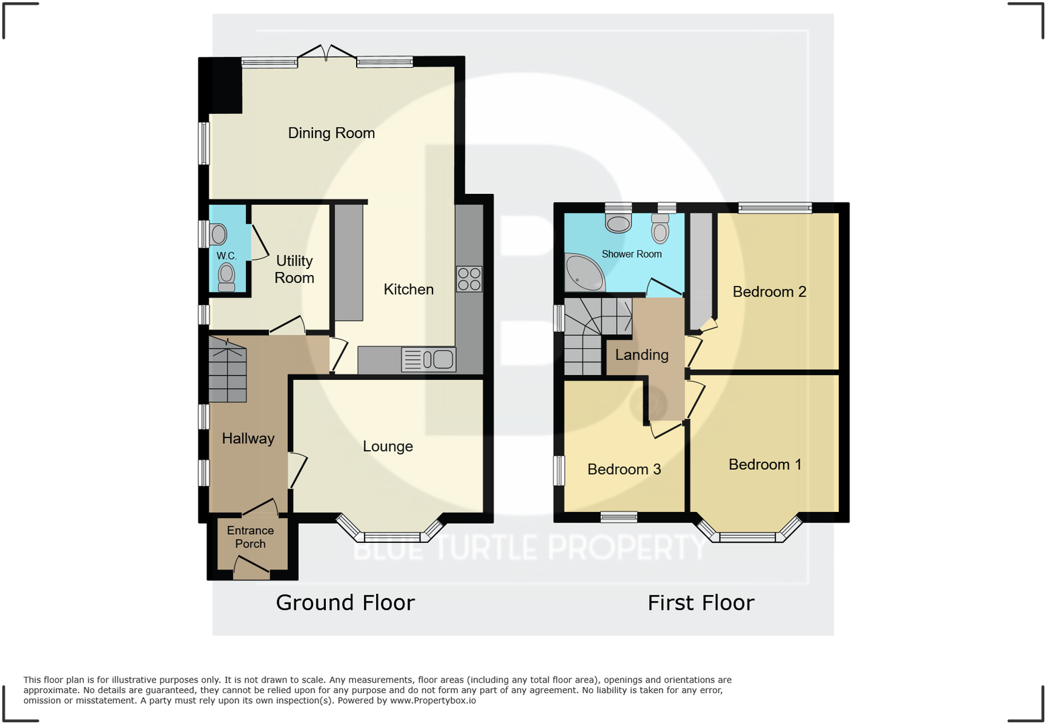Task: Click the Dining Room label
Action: [331, 133]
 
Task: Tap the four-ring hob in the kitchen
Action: [469, 279]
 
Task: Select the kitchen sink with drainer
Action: [428, 360]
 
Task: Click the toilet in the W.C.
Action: [227, 276]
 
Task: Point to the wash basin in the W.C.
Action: [218, 234]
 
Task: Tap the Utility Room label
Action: [294, 269]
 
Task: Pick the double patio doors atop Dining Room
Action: [327, 54]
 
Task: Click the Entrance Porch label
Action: [250, 537]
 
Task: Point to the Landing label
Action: [642, 355]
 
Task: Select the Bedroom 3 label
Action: [624, 469]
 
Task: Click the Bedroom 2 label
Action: [769, 292]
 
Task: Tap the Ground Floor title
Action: [345, 603]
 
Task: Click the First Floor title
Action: [701, 603]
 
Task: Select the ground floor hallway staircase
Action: [227, 370]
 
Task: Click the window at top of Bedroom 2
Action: [775, 208]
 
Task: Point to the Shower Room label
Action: [631, 254]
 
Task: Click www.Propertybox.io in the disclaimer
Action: [432, 701]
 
